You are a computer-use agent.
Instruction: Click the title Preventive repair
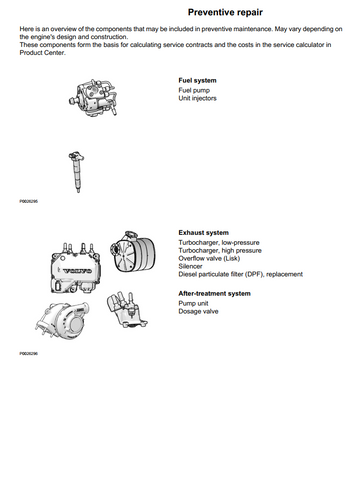225,12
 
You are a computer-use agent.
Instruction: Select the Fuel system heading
197,80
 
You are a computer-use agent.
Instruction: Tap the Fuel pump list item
194,90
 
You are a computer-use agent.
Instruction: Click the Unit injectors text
197,98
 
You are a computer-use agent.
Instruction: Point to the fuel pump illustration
93,98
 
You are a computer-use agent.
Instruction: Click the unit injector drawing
76,171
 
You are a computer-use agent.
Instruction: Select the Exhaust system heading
203,233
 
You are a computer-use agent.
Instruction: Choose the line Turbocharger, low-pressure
219,242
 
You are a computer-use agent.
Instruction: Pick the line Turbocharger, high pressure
220,250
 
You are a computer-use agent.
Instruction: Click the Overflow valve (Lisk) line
209,258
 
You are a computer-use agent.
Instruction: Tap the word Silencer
190,266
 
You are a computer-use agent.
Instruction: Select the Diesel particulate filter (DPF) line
240,274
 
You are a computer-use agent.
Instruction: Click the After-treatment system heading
214,294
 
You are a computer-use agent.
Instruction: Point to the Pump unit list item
193,303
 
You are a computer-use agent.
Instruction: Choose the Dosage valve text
198,311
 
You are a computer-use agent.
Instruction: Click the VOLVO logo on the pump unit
78,271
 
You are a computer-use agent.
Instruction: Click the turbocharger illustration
62,321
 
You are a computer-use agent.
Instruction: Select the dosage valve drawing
127,310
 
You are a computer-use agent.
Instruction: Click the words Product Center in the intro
42,53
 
